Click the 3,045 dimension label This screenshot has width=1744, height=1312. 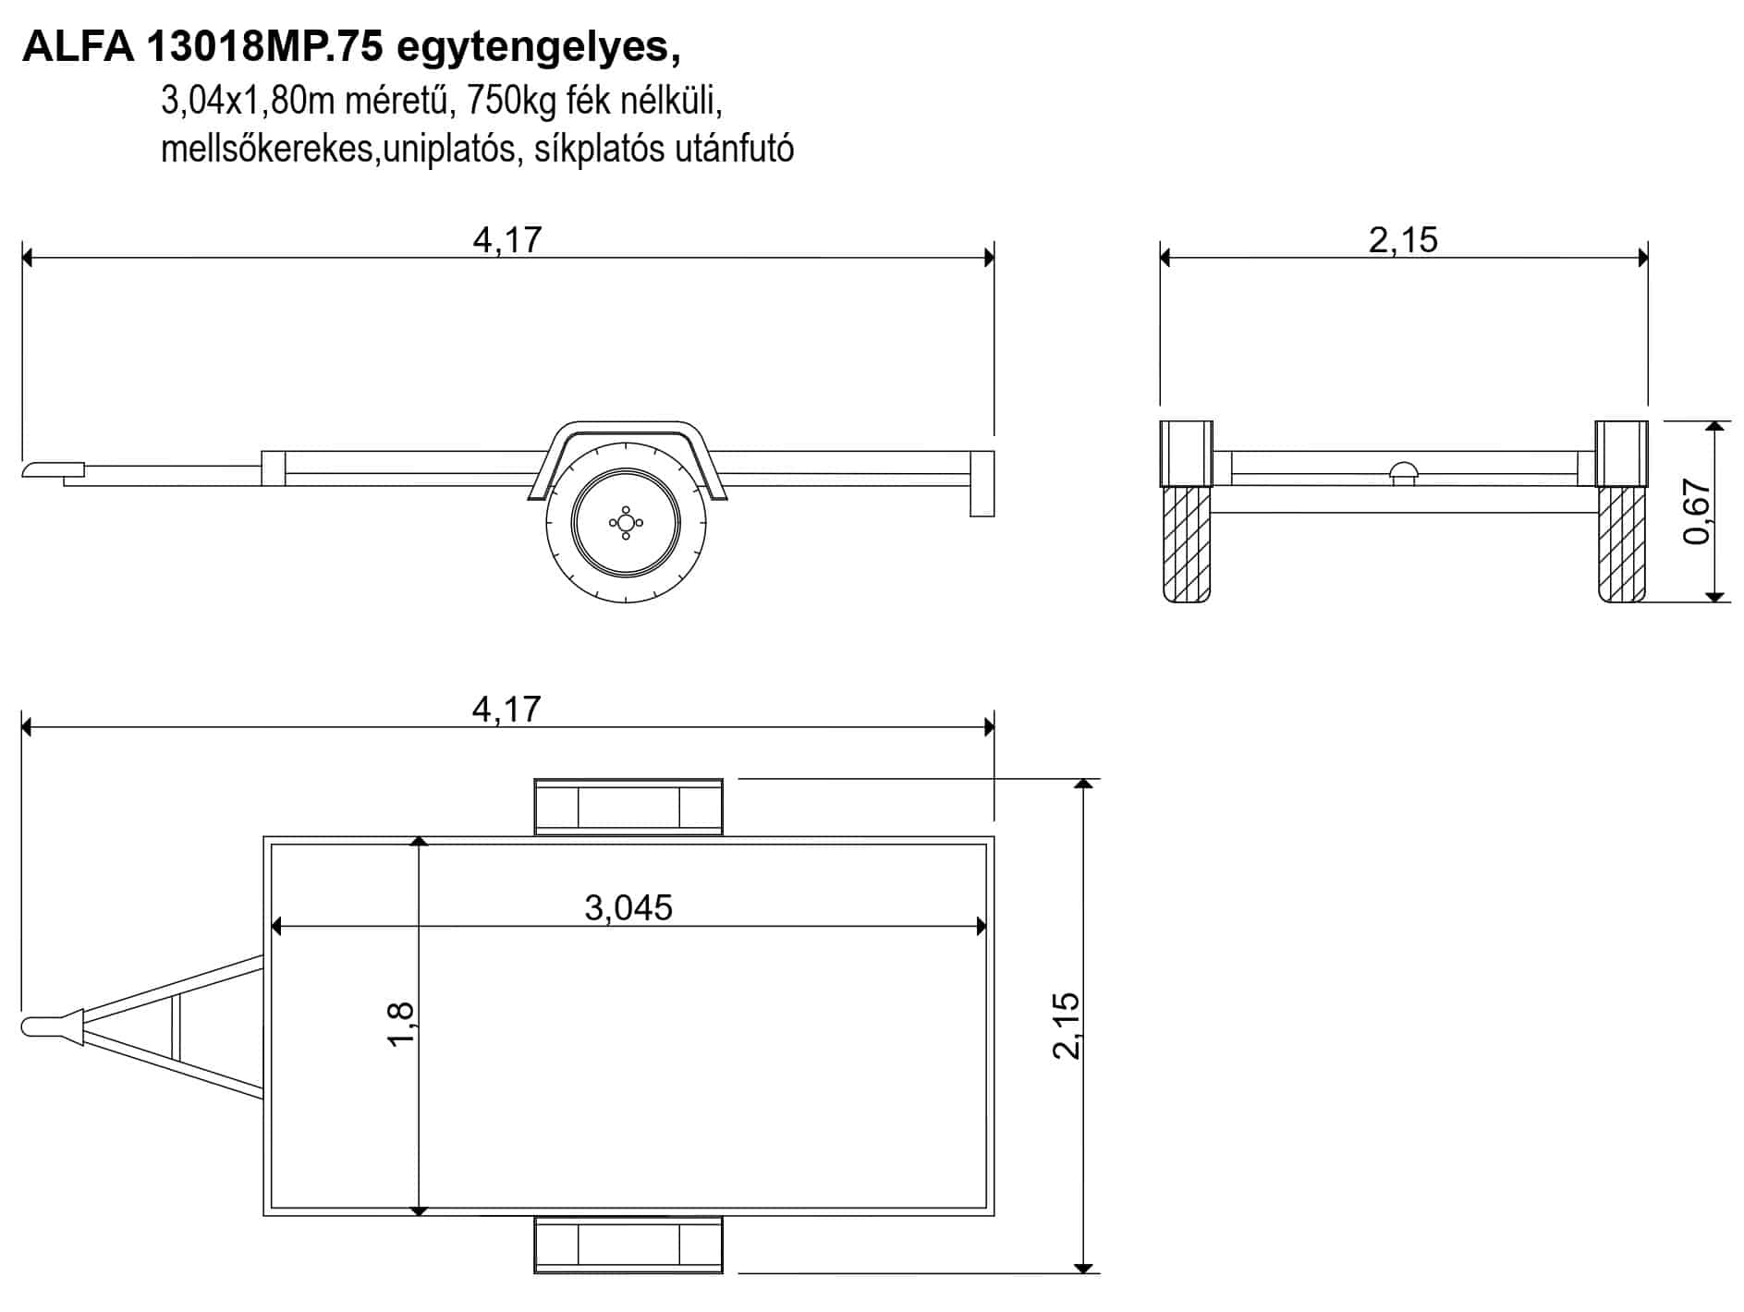(x=628, y=907)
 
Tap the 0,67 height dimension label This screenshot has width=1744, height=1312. (x=1698, y=512)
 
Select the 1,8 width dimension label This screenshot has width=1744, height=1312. (x=401, y=1024)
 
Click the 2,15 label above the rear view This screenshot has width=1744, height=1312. (x=1403, y=240)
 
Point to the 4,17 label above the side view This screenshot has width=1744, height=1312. (x=506, y=240)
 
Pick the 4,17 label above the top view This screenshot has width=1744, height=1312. (x=506, y=709)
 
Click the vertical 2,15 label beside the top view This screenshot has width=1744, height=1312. (x=1067, y=1026)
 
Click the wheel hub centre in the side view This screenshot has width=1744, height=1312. (x=626, y=523)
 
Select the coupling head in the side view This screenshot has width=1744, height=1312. (x=53, y=470)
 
